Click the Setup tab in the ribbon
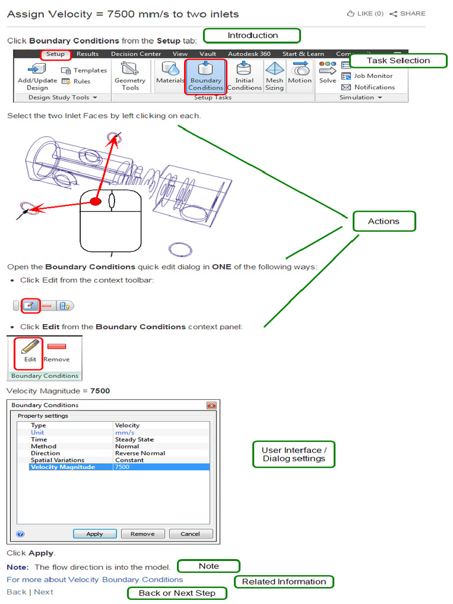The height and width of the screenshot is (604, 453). tap(55, 54)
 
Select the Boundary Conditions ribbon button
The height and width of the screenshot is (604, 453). tap(205, 76)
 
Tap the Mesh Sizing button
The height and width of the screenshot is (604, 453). tap(274, 76)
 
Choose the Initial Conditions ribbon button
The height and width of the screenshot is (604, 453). tap(244, 76)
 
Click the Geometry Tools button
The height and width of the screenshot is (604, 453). tap(130, 76)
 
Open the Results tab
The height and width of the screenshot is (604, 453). tap(87, 54)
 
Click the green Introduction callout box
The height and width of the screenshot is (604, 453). tap(252, 36)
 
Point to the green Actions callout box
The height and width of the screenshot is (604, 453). tap(383, 221)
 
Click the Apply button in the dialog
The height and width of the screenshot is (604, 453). tap(94, 534)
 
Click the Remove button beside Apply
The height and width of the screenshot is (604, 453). tap(142, 534)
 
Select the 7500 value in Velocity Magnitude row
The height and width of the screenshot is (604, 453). tap(122, 467)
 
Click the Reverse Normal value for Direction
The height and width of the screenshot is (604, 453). tap(140, 453)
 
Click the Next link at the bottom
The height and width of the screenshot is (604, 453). tap(43, 592)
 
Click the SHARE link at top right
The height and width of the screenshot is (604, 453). tap(408, 14)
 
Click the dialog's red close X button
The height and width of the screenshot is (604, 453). tap(211, 406)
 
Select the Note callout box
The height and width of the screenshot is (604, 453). tap(209, 566)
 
